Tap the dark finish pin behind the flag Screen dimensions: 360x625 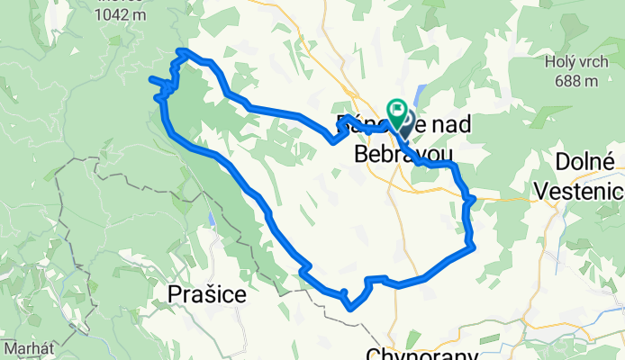(x=404, y=122)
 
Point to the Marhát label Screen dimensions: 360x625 (x=26, y=347)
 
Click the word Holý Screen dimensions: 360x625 (x=560, y=62)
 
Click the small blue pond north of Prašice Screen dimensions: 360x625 (x=210, y=219)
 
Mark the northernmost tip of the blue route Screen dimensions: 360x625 (x=182, y=50)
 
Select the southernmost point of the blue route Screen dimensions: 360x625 (x=350, y=308)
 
